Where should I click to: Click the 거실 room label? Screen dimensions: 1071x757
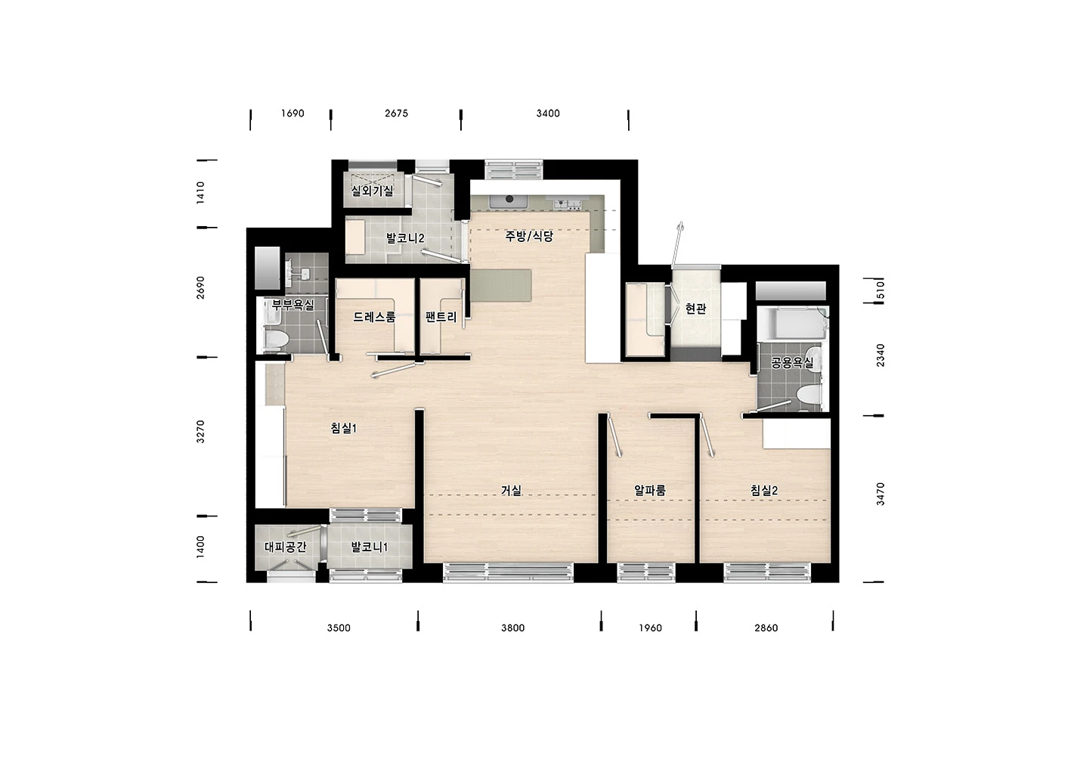(x=511, y=490)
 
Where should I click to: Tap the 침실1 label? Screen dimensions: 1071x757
(x=344, y=428)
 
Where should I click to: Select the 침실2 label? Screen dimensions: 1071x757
(x=763, y=490)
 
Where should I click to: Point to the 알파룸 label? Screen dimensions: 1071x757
(x=650, y=490)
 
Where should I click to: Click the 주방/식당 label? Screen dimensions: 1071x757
(x=529, y=236)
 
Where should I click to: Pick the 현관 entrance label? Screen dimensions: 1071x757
(x=695, y=309)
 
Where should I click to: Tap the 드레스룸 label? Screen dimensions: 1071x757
(x=374, y=317)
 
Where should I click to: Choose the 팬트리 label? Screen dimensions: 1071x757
(x=441, y=317)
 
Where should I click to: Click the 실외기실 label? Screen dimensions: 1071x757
(x=373, y=191)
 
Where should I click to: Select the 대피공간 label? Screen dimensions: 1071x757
(x=286, y=547)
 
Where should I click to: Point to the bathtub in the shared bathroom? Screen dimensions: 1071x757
(x=793, y=324)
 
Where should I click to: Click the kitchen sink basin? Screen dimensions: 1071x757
(x=508, y=201)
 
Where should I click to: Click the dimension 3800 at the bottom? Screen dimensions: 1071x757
(x=513, y=628)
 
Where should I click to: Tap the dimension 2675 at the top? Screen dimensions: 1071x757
(x=396, y=113)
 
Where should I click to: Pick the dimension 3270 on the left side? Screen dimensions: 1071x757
(x=201, y=432)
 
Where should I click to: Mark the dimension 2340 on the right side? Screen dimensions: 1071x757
(x=881, y=355)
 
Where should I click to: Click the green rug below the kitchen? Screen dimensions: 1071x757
(x=501, y=285)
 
